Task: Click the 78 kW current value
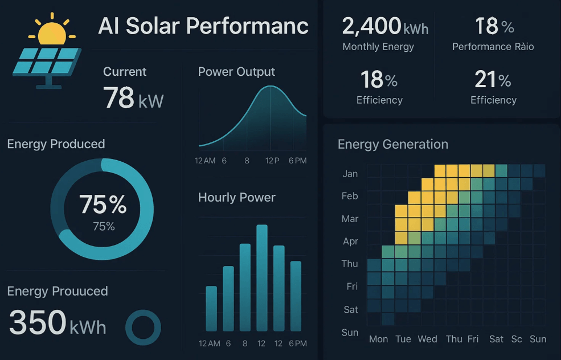[133, 97]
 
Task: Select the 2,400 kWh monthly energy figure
[385, 26]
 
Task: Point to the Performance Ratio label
[493, 47]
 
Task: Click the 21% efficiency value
[493, 80]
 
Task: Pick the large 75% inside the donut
[103, 204]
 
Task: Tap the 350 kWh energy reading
[58, 322]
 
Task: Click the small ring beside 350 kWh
[143, 328]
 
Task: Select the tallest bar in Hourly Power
[262, 277]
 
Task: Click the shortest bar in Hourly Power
[211, 308]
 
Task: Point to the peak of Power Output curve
[271, 87]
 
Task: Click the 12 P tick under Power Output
[272, 161]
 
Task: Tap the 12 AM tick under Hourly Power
[210, 343]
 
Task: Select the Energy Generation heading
[392, 144]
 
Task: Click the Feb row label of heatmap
[350, 196]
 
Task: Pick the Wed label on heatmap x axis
[427, 339]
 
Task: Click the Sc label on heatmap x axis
[517, 339]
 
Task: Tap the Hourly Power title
[236, 197]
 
